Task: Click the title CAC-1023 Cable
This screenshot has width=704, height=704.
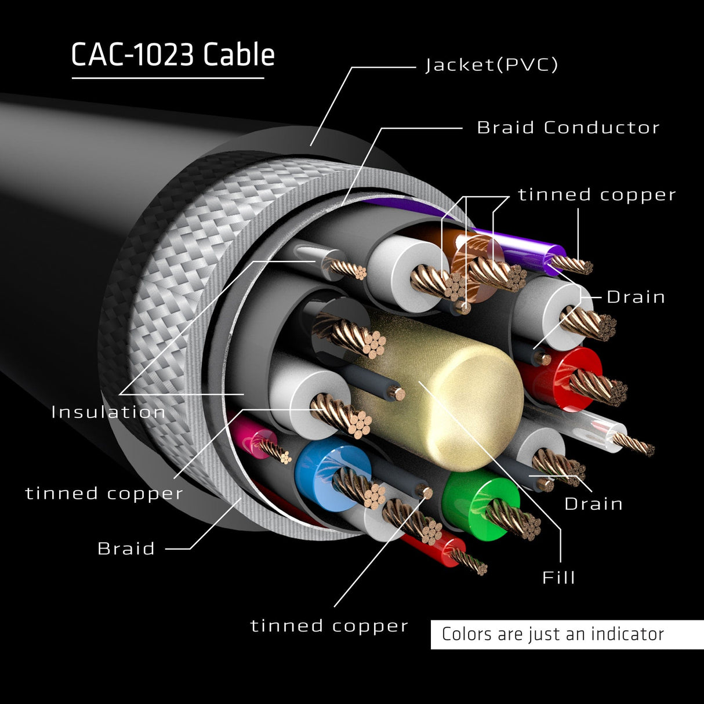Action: (x=173, y=56)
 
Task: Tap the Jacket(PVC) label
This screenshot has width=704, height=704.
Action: (x=492, y=64)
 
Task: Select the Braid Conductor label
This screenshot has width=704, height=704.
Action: (x=568, y=128)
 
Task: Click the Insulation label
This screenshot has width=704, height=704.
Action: (x=108, y=412)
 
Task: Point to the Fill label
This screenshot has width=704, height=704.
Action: (x=558, y=578)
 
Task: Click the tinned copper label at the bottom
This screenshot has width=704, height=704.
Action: (x=329, y=626)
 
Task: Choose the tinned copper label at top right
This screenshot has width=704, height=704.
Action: (x=597, y=195)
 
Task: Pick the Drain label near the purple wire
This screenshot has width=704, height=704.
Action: (x=636, y=297)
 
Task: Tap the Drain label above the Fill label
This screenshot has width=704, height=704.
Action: (x=594, y=504)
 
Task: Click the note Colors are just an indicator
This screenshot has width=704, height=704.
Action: (x=553, y=634)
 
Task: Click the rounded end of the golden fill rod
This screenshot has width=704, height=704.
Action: (x=476, y=406)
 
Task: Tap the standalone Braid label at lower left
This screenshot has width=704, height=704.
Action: (x=126, y=549)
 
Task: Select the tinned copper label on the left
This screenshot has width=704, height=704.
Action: (x=104, y=493)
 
